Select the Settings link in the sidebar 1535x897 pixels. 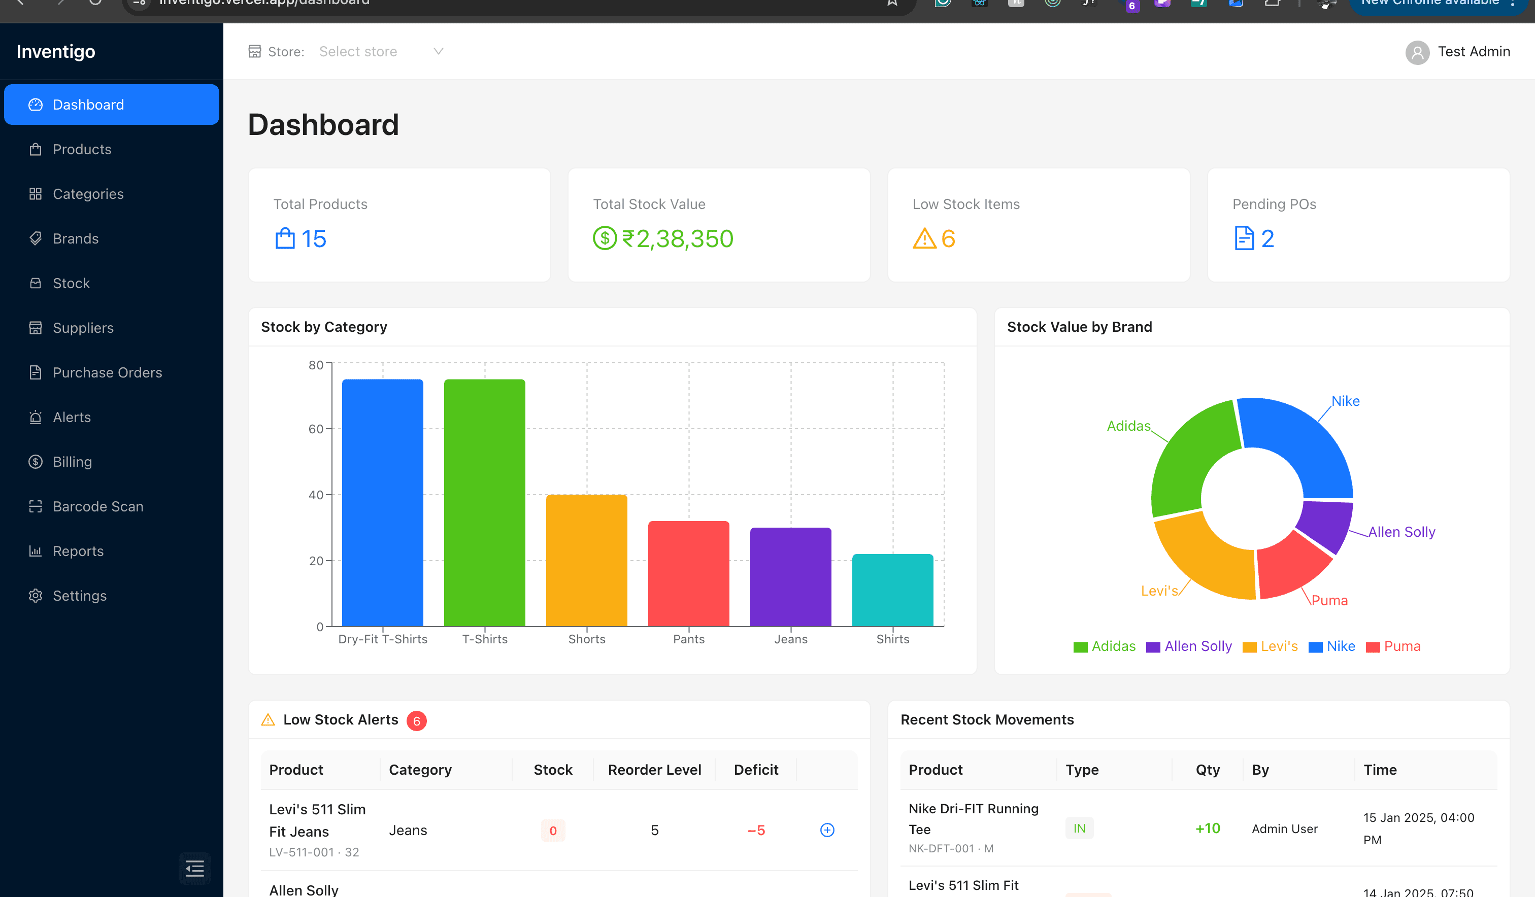[79, 596]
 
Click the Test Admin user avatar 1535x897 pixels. [1417, 52]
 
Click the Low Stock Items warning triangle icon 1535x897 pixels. [924, 239]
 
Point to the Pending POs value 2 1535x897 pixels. [1267, 239]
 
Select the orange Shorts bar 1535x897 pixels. [586, 560]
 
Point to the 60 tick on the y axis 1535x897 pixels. [316, 429]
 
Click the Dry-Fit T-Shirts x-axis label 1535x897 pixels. [383, 639]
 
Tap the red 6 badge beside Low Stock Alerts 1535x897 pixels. [417, 720]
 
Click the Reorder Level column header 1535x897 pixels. [654, 770]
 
